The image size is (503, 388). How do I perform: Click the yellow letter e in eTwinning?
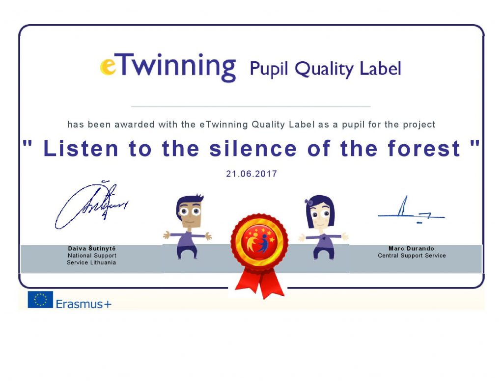108,67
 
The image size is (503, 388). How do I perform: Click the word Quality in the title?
324,69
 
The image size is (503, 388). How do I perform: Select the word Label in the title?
381,68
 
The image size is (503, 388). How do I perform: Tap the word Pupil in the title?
269,69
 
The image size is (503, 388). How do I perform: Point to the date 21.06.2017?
251,174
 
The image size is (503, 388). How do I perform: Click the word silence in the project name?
253,148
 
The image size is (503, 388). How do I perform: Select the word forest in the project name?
424,148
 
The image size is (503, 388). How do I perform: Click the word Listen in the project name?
81,148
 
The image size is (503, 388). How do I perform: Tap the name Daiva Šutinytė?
92,248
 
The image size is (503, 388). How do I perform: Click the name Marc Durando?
411,248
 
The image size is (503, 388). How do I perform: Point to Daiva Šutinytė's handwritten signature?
91,205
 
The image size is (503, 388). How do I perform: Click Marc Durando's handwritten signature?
411,210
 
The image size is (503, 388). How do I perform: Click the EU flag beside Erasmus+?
40,300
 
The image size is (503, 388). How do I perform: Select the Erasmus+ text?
84,304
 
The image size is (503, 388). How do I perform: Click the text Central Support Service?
412,256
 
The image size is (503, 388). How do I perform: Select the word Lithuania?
103,262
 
